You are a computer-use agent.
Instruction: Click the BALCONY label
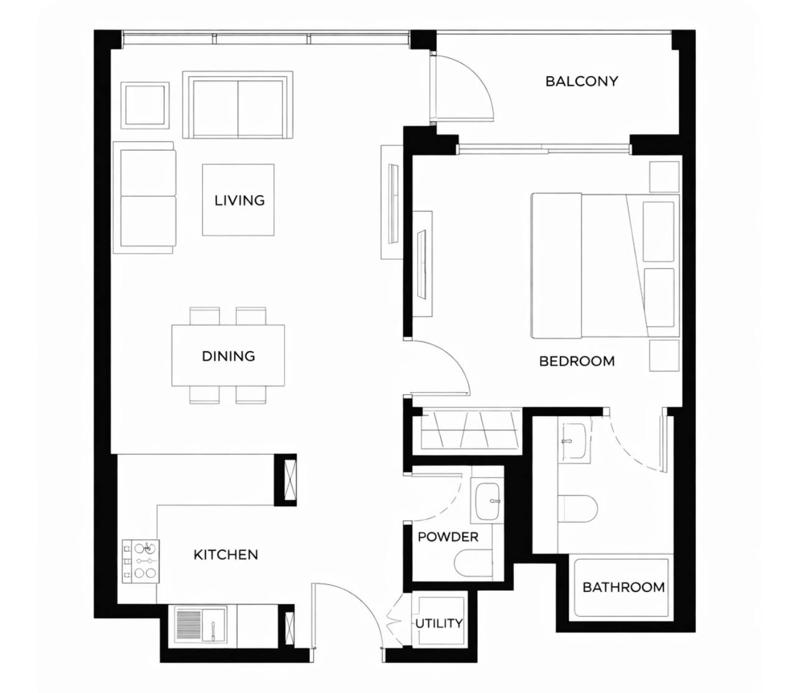582,82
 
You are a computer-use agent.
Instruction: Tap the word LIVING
239,201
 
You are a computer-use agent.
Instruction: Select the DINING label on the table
228,356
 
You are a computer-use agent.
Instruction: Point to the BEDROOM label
577,361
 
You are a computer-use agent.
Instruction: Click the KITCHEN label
226,555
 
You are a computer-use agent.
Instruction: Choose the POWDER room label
448,537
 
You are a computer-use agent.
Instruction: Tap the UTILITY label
439,624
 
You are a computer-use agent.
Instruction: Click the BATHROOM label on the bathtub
623,587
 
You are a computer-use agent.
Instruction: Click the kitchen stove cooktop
141,562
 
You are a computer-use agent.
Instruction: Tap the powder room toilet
473,565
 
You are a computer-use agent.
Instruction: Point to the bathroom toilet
578,510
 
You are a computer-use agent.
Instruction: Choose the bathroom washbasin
573,441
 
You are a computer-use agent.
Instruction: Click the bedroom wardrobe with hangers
471,431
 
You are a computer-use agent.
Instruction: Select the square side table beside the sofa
145,105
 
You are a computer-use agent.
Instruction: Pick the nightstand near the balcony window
664,177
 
